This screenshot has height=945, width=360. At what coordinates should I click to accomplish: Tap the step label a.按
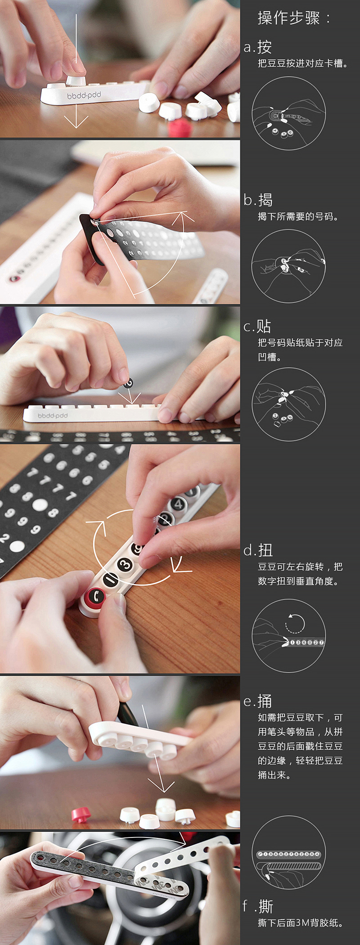click(x=258, y=47)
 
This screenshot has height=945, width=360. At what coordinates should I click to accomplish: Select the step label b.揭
click(x=258, y=200)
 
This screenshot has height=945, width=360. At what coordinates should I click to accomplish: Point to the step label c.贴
click(x=257, y=326)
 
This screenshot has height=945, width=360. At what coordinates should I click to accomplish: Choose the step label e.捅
click(x=258, y=701)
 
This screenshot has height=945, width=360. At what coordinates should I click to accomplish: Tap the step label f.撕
click(x=258, y=906)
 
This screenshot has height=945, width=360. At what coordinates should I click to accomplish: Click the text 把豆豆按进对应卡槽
click(x=300, y=63)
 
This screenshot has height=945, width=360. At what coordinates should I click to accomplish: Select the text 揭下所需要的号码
click(x=295, y=216)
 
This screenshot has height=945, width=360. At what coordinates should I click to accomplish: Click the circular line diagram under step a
click(x=288, y=113)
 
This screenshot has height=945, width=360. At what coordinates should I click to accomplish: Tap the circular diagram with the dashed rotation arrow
click(x=288, y=635)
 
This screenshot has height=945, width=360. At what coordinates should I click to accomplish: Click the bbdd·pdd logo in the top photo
click(x=84, y=95)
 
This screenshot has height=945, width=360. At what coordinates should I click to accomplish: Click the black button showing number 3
click(x=125, y=564)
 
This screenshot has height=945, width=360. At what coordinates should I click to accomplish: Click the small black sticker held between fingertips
click(x=128, y=383)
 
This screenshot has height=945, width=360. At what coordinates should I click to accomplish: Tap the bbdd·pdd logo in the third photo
click(x=53, y=416)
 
